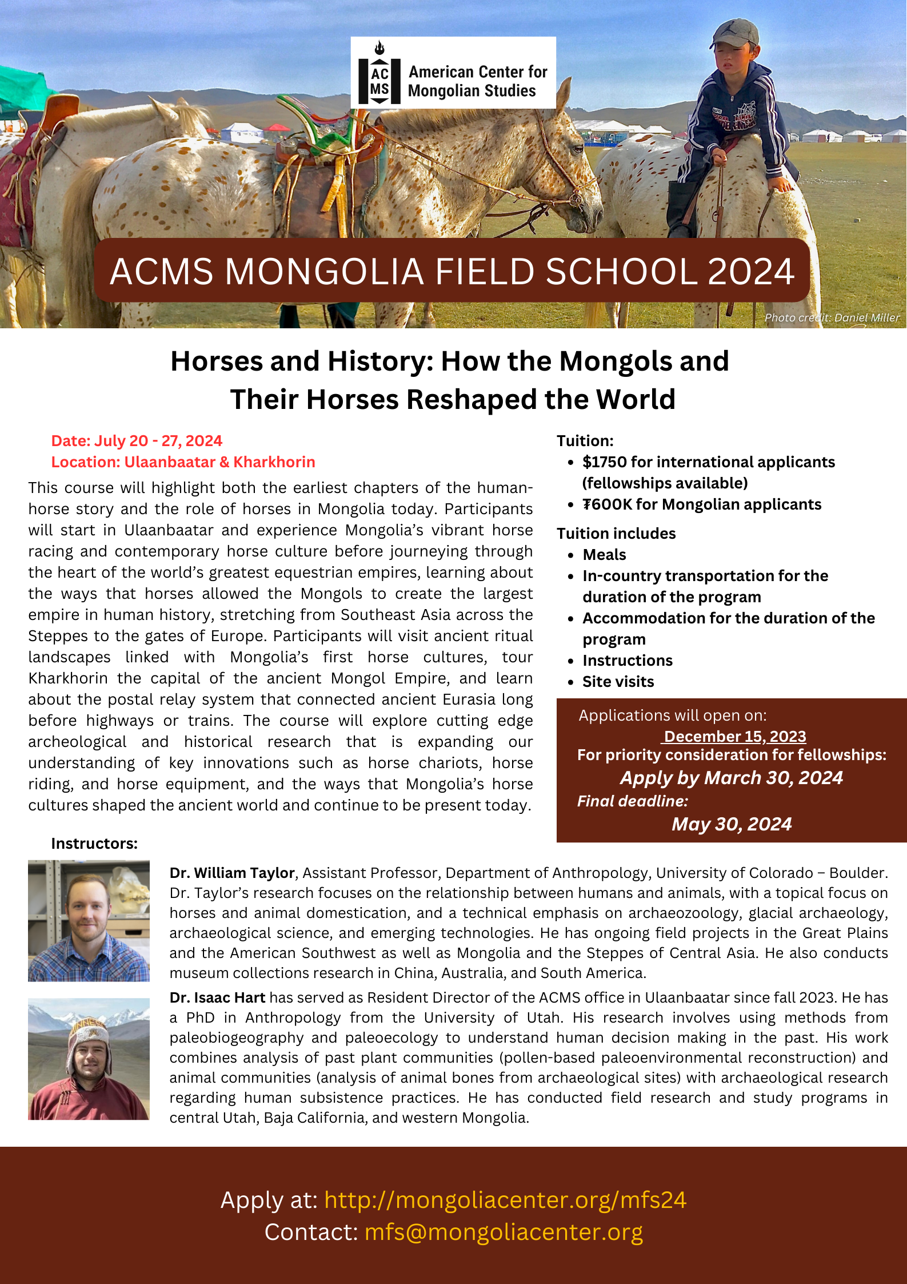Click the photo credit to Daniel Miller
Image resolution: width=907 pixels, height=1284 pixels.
click(832, 317)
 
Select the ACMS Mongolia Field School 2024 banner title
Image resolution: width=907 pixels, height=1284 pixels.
click(452, 271)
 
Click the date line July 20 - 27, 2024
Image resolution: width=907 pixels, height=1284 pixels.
click(137, 441)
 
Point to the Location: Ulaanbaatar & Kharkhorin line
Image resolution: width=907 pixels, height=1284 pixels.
click(183, 462)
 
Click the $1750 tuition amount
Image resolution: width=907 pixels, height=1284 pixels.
click(604, 462)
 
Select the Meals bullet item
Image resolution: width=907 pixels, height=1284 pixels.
click(604, 555)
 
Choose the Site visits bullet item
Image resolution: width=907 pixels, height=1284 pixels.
click(618, 682)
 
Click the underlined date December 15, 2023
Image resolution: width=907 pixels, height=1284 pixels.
click(734, 737)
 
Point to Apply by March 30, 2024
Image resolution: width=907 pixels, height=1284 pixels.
click(732, 778)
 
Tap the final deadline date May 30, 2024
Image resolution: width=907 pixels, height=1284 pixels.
click(732, 824)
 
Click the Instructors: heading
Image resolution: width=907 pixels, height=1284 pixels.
click(94, 844)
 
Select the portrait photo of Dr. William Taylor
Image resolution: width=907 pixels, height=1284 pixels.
click(89, 921)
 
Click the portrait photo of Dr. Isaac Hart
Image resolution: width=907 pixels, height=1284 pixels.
click(89, 1059)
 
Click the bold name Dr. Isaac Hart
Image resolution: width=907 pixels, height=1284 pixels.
click(217, 998)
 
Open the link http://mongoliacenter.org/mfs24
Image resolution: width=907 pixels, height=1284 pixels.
click(505, 1200)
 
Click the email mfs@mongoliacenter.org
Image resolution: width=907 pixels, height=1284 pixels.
click(504, 1232)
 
